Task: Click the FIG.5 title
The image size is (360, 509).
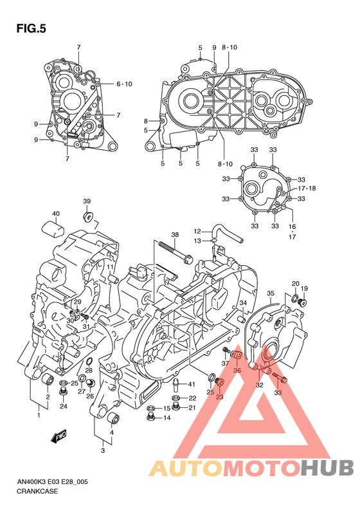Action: click(x=31, y=28)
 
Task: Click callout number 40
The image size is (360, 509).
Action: click(x=56, y=214)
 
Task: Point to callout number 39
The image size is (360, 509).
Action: click(x=87, y=201)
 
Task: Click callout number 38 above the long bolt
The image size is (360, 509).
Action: click(x=175, y=235)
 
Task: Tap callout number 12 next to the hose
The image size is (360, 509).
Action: click(x=197, y=232)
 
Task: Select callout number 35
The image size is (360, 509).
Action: click(x=271, y=293)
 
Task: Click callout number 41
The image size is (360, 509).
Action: click(x=192, y=384)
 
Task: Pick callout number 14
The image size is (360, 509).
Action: click(x=166, y=418)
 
